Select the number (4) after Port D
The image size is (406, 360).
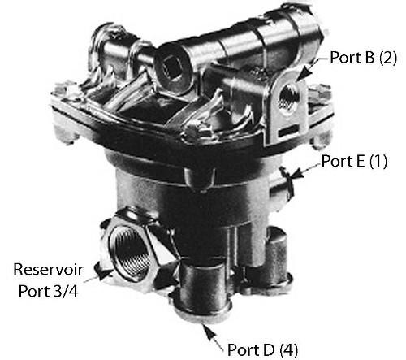(288, 351)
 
